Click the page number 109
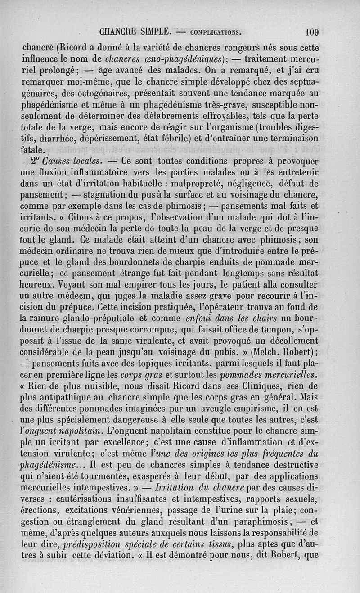[311, 32]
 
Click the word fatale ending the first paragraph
[39, 149]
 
